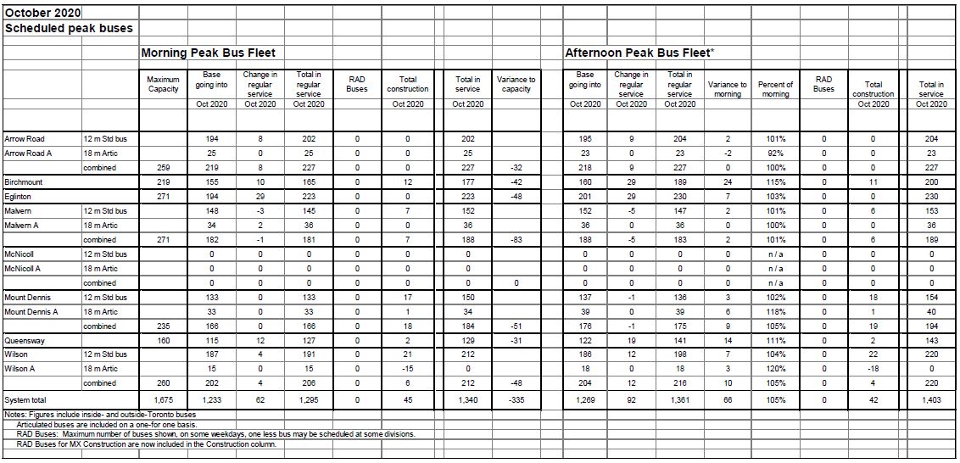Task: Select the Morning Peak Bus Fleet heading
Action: point(209,53)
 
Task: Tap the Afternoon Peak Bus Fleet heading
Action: point(639,53)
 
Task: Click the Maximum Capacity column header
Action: point(163,84)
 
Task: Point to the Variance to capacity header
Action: point(516,84)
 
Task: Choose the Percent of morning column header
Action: point(775,89)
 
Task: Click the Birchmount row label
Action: point(24,181)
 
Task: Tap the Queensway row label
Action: point(25,340)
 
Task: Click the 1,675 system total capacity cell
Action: point(163,399)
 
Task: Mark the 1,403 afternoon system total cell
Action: point(931,399)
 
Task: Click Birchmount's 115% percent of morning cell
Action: point(775,181)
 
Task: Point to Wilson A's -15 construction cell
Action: point(408,369)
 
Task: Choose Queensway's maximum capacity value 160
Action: point(163,340)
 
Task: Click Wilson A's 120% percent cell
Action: point(775,369)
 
